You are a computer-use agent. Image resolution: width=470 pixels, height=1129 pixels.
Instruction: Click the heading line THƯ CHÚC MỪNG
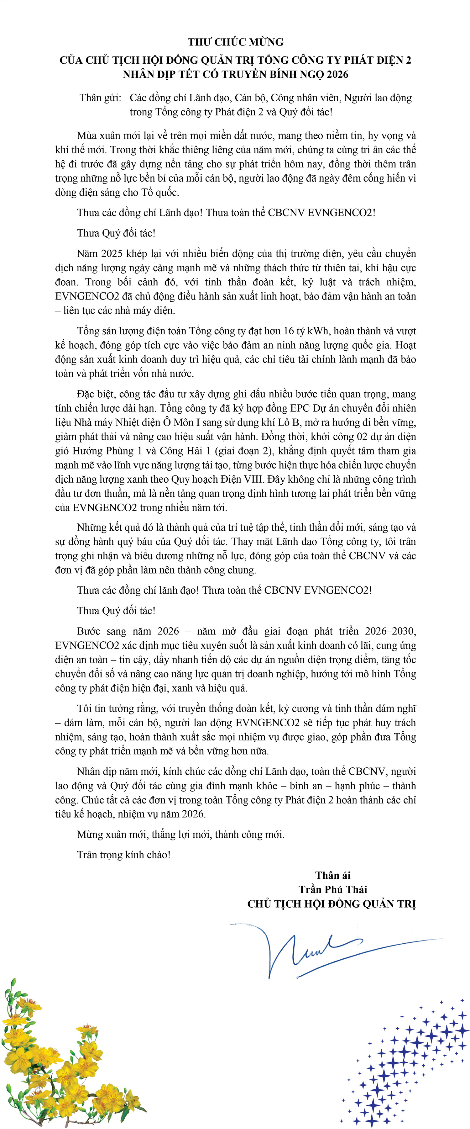coord(235,42)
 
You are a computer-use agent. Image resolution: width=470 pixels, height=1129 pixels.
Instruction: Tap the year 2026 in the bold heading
coord(337,75)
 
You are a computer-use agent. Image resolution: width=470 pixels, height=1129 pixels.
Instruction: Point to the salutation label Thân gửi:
coord(100,98)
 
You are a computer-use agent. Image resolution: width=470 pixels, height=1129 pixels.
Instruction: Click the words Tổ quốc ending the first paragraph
coord(159,193)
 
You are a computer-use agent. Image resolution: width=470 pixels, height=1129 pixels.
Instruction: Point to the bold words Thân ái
coord(333,876)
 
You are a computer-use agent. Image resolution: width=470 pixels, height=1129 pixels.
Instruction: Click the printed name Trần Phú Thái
coord(333,889)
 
